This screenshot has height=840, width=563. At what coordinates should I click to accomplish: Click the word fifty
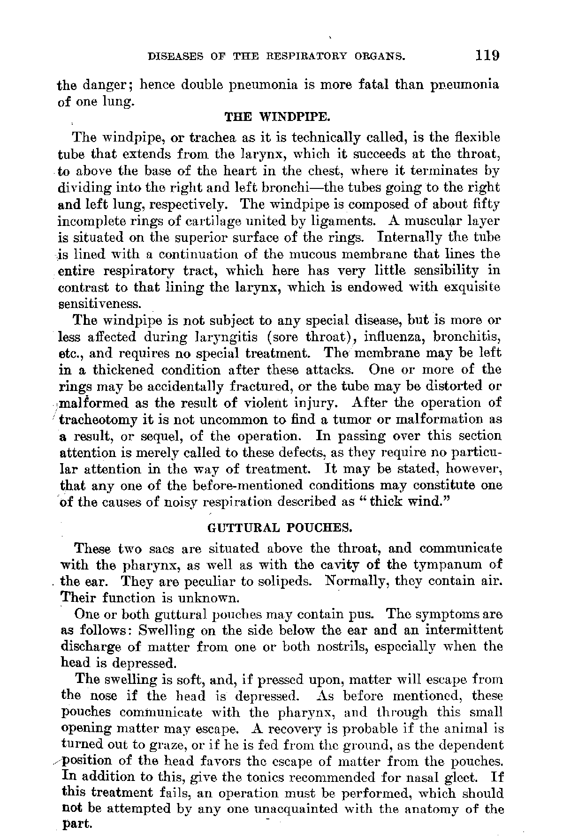(486, 204)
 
